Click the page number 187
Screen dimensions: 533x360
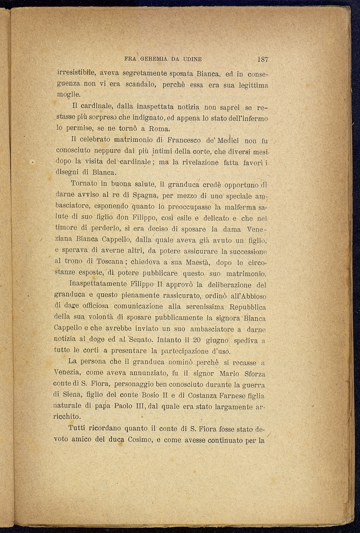[x=262, y=59]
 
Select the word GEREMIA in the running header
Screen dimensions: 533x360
[x=154, y=59]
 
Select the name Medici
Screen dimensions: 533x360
[x=228, y=140]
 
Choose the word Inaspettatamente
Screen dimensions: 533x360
[x=98, y=284]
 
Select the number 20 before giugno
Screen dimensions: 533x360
[x=197, y=340]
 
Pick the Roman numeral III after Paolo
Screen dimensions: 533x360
[x=140, y=406]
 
